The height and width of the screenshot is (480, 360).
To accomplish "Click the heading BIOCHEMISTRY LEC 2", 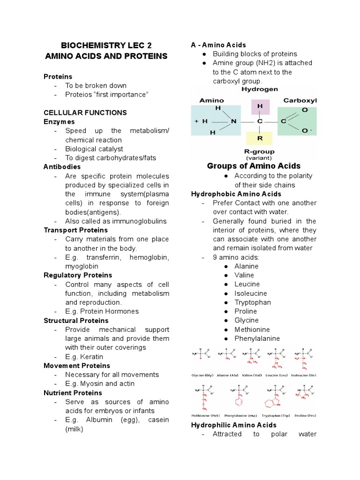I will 106,45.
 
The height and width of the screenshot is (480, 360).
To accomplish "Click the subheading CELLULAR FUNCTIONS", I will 85,112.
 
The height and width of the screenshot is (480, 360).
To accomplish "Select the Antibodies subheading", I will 62,167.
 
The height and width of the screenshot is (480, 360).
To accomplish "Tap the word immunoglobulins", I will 141,221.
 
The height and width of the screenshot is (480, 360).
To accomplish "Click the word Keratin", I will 94,357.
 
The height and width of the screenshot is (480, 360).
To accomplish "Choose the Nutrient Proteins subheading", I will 71,393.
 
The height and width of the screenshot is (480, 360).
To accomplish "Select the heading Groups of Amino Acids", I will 254,166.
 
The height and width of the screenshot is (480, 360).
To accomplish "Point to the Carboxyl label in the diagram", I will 300,100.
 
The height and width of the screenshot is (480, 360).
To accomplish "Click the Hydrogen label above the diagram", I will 259,89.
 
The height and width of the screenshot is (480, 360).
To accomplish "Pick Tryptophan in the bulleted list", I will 253,302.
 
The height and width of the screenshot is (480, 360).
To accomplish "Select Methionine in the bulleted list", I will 252,330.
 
